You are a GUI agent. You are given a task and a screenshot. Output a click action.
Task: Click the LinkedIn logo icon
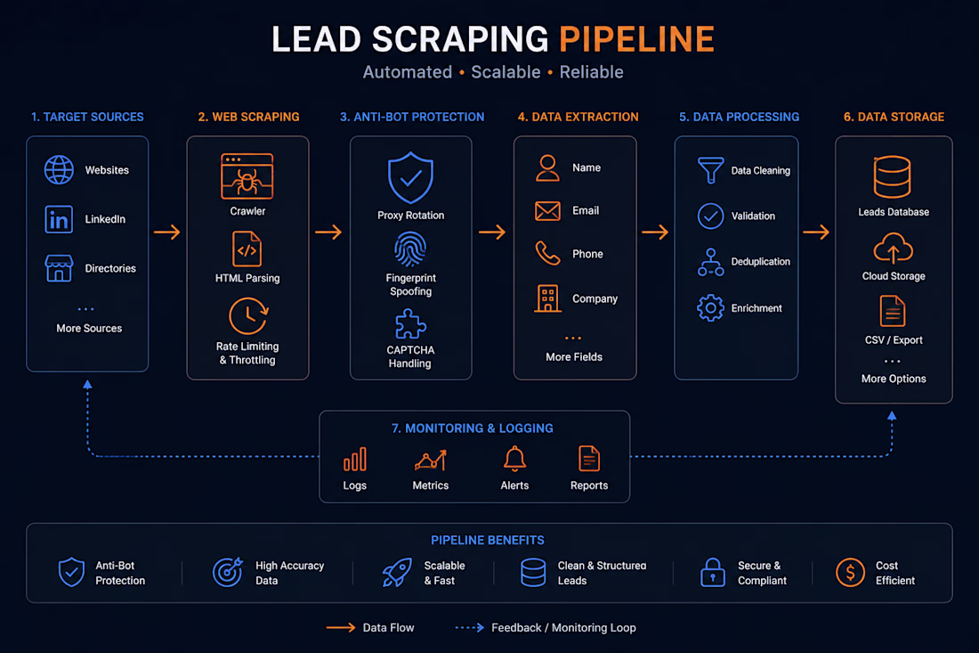(x=59, y=219)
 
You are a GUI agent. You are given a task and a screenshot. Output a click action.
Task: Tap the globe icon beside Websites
(x=59, y=169)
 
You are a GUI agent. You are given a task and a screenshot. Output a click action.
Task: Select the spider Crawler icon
(x=247, y=176)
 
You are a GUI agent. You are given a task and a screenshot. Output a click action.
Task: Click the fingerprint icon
(x=410, y=249)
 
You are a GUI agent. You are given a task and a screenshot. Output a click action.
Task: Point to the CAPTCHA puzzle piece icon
(x=410, y=325)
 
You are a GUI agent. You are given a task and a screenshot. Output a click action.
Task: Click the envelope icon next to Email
(x=547, y=211)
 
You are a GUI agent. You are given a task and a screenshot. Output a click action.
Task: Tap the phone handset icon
(x=547, y=253)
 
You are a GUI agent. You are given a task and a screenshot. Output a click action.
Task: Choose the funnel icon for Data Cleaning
(x=710, y=170)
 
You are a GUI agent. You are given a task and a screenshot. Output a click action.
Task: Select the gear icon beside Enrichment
(x=710, y=308)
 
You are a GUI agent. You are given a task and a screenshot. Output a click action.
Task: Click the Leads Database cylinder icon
(x=892, y=177)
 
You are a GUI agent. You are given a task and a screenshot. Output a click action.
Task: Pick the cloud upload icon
(x=893, y=248)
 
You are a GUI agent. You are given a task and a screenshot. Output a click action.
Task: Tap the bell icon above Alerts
(x=514, y=460)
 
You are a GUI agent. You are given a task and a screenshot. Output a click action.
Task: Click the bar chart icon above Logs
(x=354, y=460)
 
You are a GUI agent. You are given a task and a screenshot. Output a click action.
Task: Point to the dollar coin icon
(x=850, y=573)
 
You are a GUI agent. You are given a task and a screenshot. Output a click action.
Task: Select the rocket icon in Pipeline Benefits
(x=397, y=573)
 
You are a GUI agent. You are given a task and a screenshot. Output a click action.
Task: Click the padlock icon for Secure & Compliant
(x=712, y=573)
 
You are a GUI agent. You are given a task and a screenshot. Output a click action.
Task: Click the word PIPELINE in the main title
(x=636, y=39)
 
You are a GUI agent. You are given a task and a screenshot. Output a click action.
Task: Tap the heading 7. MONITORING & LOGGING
(x=472, y=428)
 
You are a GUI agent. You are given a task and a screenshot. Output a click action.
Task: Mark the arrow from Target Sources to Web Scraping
(x=167, y=233)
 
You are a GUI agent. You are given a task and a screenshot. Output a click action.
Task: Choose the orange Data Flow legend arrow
(x=341, y=627)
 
